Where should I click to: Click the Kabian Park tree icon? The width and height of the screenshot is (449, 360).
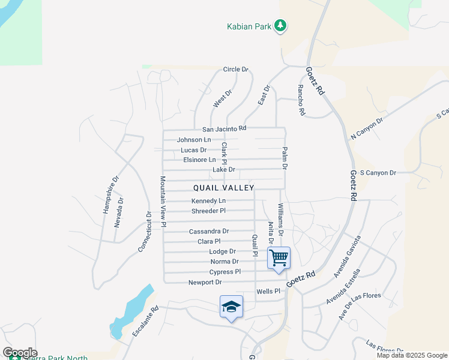point(280,26)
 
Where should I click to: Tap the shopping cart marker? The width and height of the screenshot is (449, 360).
point(279,257)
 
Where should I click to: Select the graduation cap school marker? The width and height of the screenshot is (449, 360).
point(231,307)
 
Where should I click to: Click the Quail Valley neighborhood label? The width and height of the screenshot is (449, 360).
point(224,188)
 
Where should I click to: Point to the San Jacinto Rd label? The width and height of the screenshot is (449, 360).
point(224,128)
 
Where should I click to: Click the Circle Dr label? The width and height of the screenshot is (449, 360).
point(235,70)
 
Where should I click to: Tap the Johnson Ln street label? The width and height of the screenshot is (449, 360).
point(194,140)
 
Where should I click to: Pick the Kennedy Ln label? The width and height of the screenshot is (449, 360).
point(209,200)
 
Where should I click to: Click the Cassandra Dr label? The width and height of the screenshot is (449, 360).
point(209,231)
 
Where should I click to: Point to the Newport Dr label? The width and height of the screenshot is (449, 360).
point(205,282)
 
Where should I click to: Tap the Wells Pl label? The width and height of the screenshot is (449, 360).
point(268,291)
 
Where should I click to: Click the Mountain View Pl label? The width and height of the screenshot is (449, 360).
point(162,202)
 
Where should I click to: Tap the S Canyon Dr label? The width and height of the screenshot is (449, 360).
point(378,173)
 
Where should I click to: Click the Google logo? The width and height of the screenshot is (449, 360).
point(20,353)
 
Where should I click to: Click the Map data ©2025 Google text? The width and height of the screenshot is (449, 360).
point(412,355)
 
